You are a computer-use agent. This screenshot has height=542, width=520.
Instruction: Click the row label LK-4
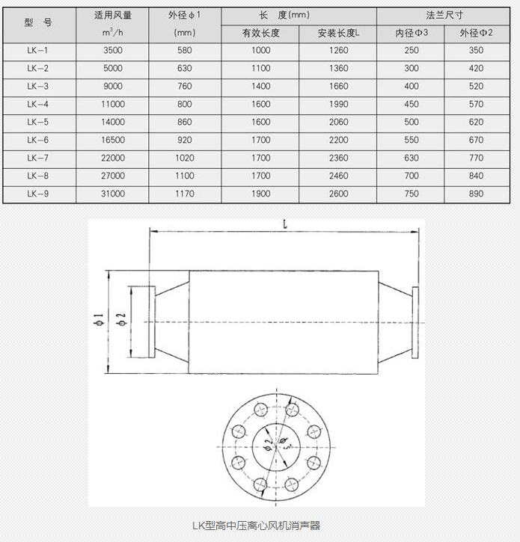tap(37, 104)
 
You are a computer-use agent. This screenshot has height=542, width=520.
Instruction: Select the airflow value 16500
tap(112, 140)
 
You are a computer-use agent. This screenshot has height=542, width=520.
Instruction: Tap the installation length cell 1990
tap(338, 104)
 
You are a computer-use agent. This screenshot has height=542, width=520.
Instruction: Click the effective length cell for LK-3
tap(260, 86)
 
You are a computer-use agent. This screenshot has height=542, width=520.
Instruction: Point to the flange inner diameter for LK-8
tap(412, 176)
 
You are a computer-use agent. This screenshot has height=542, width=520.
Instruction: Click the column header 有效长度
tap(260, 34)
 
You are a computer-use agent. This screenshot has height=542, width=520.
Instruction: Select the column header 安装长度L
tap(338, 34)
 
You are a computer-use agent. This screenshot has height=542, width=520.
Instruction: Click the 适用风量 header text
tap(112, 15)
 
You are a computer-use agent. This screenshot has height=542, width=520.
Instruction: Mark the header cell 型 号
tap(37, 23)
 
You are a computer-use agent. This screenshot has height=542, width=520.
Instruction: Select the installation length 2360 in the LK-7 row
tap(338, 158)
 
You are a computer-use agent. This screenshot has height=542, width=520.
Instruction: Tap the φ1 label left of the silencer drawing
tap(98, 321)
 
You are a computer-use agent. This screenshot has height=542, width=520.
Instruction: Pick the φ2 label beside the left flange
tap(120, 321)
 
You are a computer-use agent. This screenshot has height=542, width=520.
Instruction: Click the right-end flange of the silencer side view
tap(413, 322)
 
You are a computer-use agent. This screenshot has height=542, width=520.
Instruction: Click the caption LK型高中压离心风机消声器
tap(256, 526)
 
